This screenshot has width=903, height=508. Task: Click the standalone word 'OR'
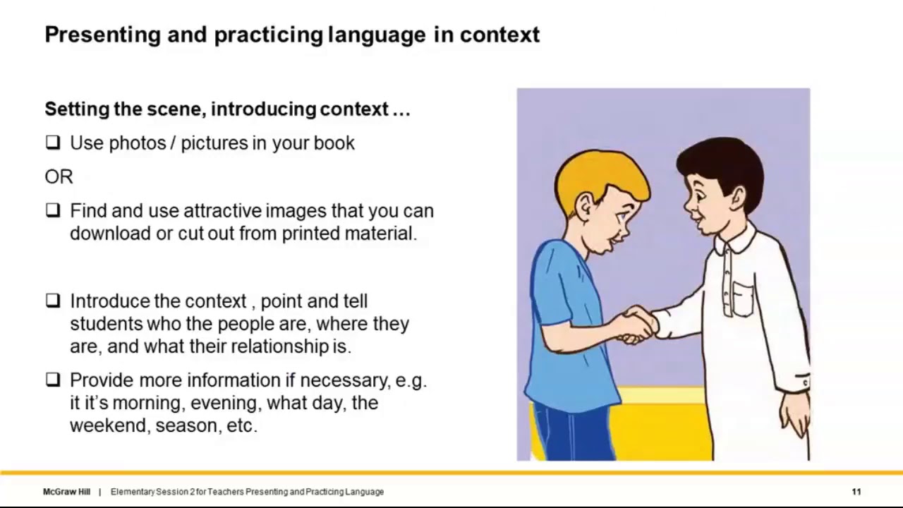[59, 177]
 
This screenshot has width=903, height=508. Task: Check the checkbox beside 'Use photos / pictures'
[53, 143]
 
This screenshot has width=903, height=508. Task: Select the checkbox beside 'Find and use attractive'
[53, 210]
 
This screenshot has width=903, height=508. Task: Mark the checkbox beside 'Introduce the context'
[53, 301]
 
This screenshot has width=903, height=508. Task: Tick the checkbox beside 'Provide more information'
[53, 380]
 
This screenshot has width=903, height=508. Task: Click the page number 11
[856, 492]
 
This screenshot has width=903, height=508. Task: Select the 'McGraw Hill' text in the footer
[66, 492]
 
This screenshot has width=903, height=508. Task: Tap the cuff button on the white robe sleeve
[805, 382]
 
